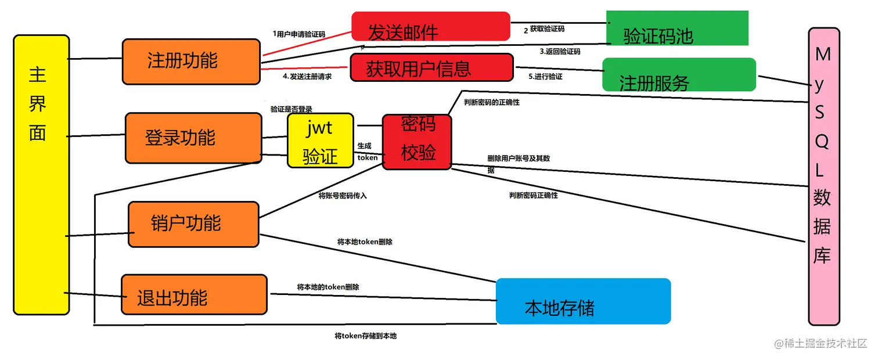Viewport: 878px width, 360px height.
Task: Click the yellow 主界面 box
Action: pyautogui.click(x=41, y=174)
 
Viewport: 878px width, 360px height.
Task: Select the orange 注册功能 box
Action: pyautogui.click(x=191, y=62)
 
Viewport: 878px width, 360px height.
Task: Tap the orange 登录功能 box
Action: pyautogui.click(x=193, y=138)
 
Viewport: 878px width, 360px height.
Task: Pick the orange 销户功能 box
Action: pyautogui.click(x=193, y=224)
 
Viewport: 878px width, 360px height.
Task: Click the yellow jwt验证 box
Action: pyautogui.click(x=320, y=141)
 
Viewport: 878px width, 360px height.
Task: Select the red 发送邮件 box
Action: pyautogui.click(x=430, y=27)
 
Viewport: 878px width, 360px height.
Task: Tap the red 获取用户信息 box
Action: pyautogui.click(x=432, y=67)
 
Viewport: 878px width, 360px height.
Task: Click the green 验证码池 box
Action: pyautogui.click(x=677, y=28)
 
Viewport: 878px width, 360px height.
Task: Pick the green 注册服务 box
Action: pyautogui.click(x=679, y=74)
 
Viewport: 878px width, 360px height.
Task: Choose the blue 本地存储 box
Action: pyautogui.click(x=583, y=301)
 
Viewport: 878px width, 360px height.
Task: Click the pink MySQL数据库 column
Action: pyautogui.click(x=824, y=176)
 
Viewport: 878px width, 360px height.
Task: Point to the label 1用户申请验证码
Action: pyautogui.click(x=298, y=34)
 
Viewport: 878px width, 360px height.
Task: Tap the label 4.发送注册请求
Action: pyautogui.click(x=307, y=76)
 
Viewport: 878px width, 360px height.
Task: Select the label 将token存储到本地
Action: pyautogui.click(x=365, y=336)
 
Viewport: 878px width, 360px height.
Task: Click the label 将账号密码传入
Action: pyautogui.click(x=343, y=196)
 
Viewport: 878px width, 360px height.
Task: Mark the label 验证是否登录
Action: pyautogui.click(x=292, y=109)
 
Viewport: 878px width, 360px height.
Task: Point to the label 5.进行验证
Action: pyautogui.click(x=545, y=76)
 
